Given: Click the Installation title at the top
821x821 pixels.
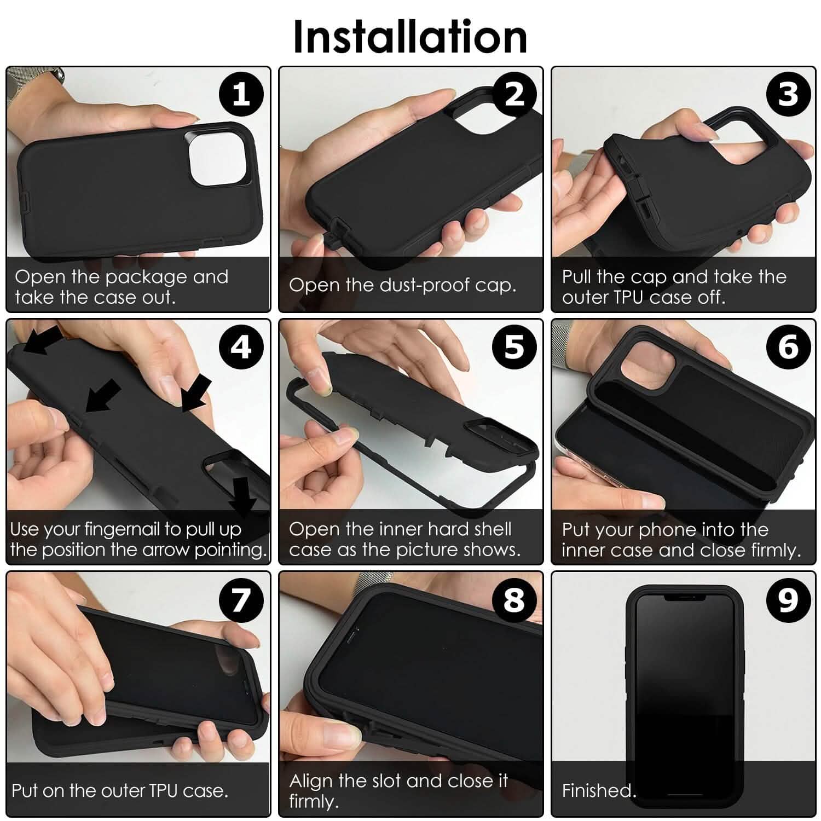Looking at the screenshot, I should [410, 36].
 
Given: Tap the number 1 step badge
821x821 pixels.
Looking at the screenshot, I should [241, 95].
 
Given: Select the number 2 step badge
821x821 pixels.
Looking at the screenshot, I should [514, 95].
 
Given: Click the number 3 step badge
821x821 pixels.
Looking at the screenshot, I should [788, 95].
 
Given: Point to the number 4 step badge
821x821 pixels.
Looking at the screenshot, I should [241, 347].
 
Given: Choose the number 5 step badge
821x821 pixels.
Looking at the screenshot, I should [514, 347].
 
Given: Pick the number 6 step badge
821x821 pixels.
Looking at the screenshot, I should [788, 347].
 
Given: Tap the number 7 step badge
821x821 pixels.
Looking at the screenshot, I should [241, 600].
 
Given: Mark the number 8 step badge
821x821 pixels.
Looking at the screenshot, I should [514, 600].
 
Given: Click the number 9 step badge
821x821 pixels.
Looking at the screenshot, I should [788, 600].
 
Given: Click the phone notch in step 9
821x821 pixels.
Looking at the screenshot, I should [684, 598].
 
